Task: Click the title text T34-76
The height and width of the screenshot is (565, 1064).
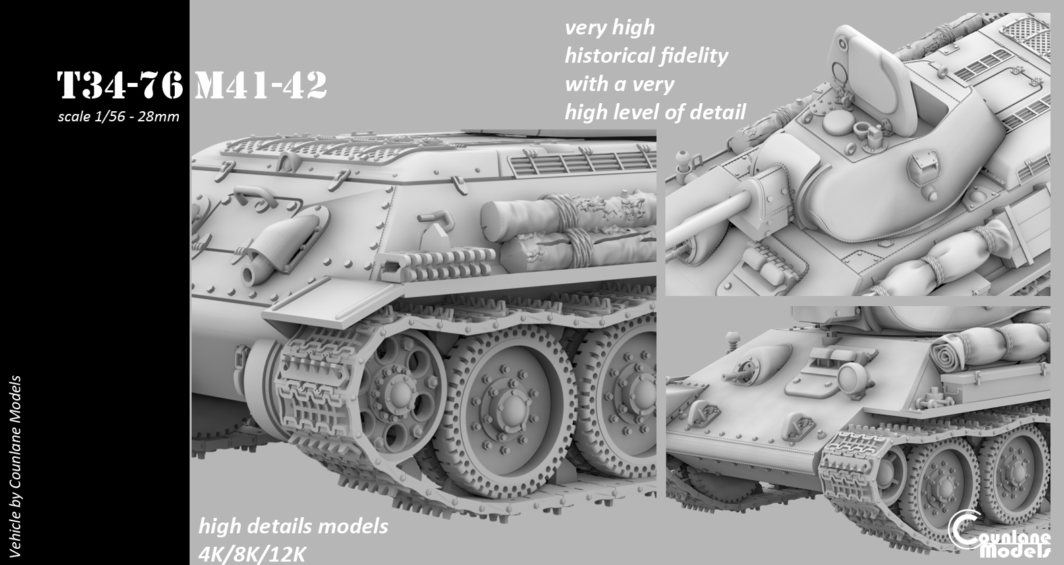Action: coord(119,86)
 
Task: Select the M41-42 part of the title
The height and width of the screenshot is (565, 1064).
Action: coord(260,86)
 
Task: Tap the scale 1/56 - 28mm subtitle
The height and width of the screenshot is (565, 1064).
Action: coord(119,117)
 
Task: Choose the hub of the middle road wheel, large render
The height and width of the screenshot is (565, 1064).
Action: coord(511,407)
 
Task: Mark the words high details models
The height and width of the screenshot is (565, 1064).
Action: coord(293,525)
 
